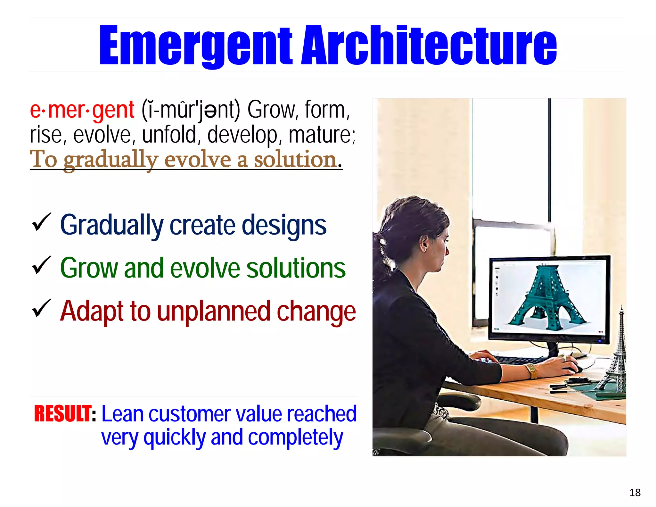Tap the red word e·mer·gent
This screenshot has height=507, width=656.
click(x=82, y=110)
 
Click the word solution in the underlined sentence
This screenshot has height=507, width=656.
click(x=295, y=159)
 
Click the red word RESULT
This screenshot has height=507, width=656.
click(x=63, y=414)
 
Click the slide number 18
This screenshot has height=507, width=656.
click(x=635, y=492)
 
